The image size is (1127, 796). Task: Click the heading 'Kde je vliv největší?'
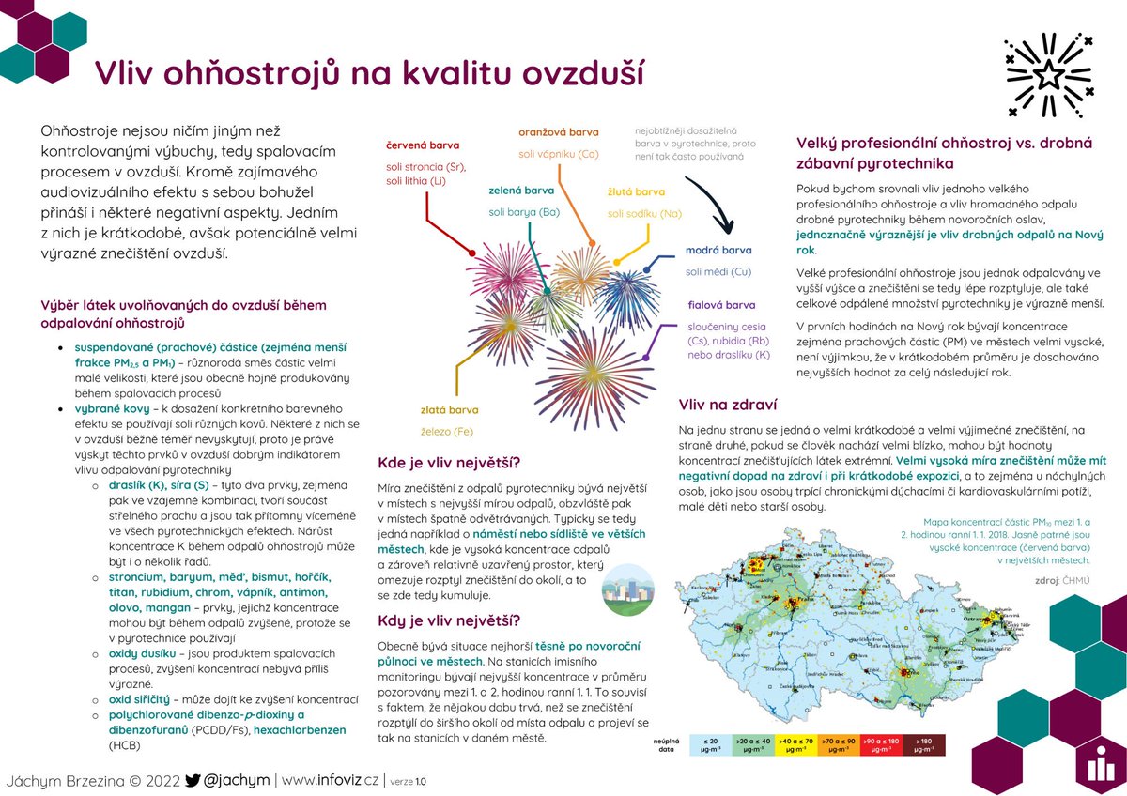pos(448,463)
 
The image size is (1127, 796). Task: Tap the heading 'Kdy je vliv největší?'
pos(448,620)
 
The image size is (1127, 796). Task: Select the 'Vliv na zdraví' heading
pos(728,406)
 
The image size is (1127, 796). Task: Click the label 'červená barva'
pos(423,145)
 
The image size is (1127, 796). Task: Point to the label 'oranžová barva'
pos(559,132)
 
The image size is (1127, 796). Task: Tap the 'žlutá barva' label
pos(636,192)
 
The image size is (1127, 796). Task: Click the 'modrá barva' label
pos(718,251)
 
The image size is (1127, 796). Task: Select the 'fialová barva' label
pos(721,305)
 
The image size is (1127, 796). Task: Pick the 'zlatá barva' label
pos(449,410)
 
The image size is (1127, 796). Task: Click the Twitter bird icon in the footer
pos(193,780)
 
